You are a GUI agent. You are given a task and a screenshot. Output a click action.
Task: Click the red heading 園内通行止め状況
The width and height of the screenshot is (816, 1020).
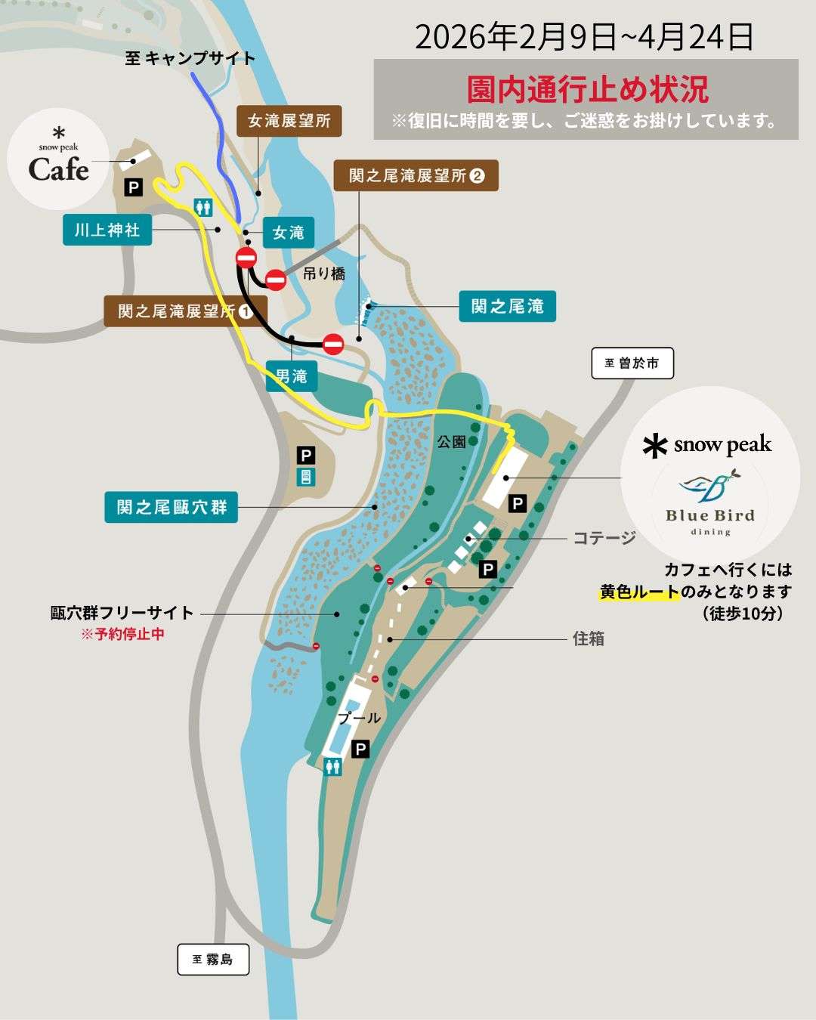(587, 89)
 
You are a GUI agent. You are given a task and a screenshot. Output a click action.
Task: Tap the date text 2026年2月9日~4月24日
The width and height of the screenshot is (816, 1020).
(584, 37)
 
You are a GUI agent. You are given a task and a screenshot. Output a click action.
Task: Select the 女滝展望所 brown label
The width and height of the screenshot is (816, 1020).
(289, 121)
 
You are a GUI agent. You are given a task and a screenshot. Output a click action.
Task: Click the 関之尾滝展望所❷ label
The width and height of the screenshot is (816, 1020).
(416, 176)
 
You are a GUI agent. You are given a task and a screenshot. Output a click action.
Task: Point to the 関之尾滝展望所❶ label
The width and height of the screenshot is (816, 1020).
(185, 311)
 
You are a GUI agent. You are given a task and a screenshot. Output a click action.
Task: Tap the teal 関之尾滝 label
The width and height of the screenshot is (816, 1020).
(507, 306)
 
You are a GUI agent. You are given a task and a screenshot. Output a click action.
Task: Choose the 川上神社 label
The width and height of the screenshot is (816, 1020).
(107, 230)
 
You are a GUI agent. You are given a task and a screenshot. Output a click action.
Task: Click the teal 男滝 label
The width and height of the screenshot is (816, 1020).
(292, 376)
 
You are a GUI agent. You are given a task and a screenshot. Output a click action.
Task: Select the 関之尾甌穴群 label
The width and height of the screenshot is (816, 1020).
(172, 507)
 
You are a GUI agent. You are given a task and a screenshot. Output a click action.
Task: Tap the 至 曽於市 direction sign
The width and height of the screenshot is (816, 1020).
(632, 363)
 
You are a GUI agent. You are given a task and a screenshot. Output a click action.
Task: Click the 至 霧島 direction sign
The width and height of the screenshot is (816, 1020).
(213, 960)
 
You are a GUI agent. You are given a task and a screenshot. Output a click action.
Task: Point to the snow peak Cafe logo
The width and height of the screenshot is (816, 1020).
(58, 158)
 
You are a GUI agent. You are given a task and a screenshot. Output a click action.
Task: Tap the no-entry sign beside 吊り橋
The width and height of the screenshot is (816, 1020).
(276, 280)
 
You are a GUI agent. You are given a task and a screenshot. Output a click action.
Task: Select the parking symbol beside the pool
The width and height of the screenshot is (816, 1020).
(361, 749)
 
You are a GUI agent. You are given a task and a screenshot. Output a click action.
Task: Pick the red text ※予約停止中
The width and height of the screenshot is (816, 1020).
(122, 634)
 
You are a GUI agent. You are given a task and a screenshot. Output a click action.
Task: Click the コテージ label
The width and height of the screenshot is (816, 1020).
(604, 538)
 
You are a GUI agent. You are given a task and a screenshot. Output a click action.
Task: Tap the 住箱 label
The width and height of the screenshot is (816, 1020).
(588, 638)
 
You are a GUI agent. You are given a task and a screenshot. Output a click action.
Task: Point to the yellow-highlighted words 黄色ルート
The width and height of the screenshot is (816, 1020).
(639, 592)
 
